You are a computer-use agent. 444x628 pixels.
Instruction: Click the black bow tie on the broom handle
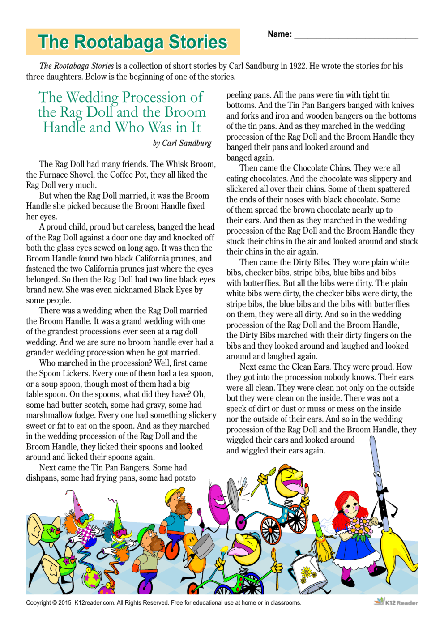[382, 492]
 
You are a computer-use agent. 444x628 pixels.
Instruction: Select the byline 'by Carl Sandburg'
[182, 143]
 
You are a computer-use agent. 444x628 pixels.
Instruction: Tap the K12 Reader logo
[396, 602]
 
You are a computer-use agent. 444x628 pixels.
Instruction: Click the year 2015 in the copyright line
[65, 603]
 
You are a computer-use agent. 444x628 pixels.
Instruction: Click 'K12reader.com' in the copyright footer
[94, 603]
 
